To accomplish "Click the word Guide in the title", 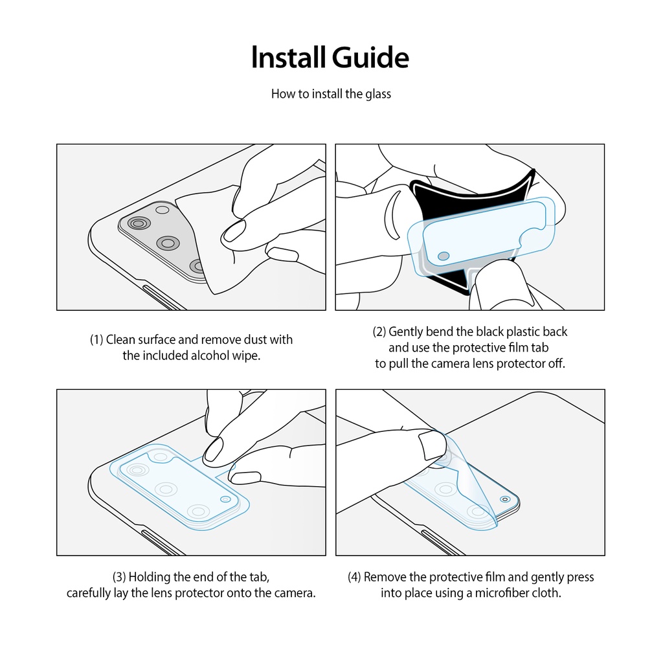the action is [370, 58].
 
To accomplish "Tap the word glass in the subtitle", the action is [378, 94].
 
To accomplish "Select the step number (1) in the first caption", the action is [96, 339].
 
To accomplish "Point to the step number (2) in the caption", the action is [379, 331].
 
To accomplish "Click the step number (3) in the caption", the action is [119, 577].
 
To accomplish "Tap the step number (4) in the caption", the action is [354, 577].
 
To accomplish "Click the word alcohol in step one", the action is [209, 355].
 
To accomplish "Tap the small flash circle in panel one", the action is [163, 210].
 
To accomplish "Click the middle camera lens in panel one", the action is [168, 243].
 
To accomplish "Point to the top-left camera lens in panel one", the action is [139, 223].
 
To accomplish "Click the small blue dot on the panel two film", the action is [444, 256].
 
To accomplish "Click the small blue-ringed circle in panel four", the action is [505, 499].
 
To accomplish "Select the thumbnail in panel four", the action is [432, 445].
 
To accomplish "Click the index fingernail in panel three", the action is [213, 449].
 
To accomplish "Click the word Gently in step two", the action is [405, 332].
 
